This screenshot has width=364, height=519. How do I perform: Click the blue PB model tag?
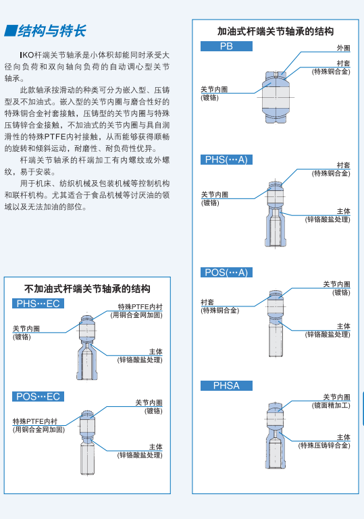tap(226, 47)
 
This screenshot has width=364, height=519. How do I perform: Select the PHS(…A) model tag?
tap(226, 159)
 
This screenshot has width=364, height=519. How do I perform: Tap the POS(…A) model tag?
tap(226, 273)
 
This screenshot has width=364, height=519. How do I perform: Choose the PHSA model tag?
tap(226, 385)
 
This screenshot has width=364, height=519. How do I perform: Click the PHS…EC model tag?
tap(38, 304)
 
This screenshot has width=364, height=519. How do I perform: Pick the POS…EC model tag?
tap(38, 397)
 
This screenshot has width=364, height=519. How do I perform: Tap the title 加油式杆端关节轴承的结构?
tap(276, 32)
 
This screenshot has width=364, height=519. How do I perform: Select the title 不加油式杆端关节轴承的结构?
tap(87, 289)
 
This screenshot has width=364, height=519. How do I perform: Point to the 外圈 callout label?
tap(344, 48)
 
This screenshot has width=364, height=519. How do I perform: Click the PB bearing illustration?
tap(276, 97)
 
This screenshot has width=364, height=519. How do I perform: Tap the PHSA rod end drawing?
tap(276, 435)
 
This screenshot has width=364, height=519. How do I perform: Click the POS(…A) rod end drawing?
tap(276, 324)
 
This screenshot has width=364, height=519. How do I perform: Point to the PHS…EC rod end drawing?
tap(87, 347)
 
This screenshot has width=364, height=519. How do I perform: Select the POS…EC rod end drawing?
tap(87, 443)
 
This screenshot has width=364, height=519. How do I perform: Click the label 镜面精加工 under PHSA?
tap(331, 406)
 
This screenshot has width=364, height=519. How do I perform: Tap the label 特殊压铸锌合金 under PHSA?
tap(324, 445)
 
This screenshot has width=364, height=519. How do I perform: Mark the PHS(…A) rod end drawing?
tap(276, 213)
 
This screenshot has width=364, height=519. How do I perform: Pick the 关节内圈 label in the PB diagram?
tap(214, 89)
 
